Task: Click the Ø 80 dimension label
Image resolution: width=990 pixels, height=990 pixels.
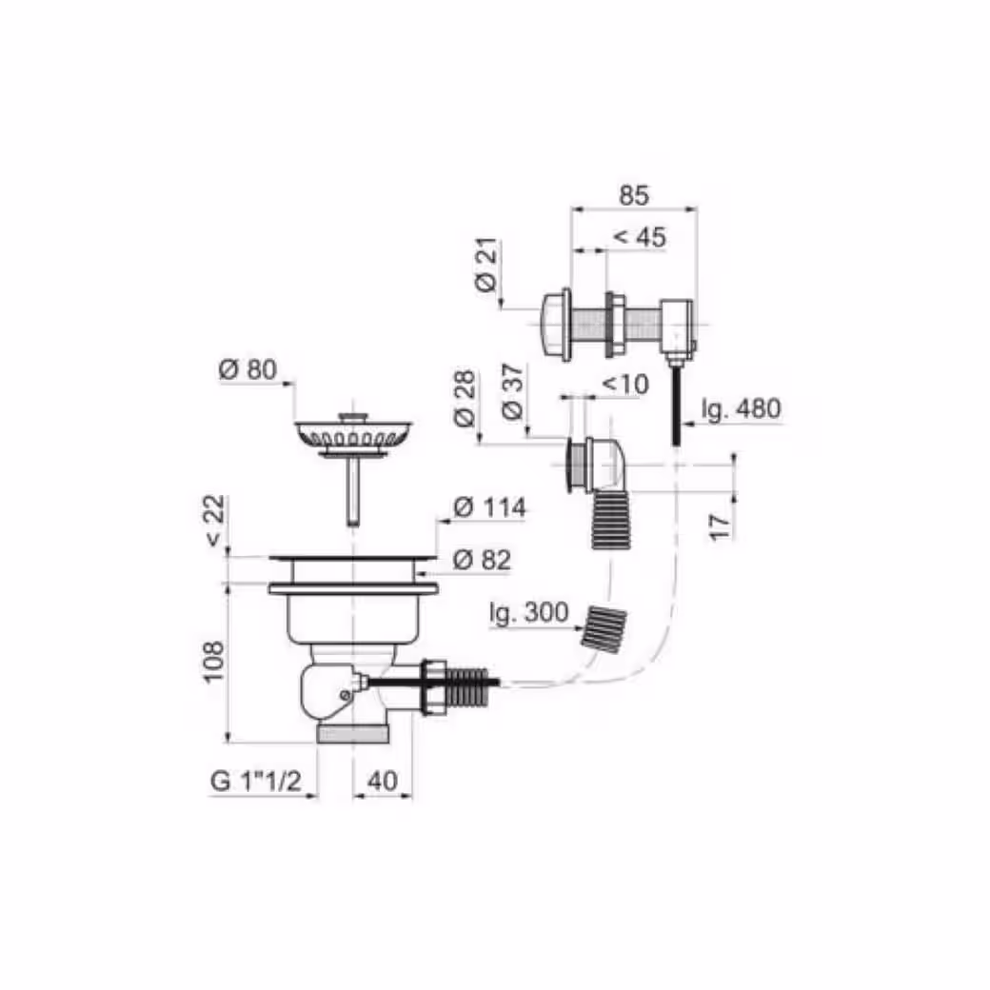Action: [x=248, y=369]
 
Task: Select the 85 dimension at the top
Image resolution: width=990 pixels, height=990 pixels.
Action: [x=633, y=195]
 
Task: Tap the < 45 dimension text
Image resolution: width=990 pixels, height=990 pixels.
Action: [x=640, y=237]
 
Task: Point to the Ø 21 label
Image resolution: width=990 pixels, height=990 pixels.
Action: [x=486, y=265]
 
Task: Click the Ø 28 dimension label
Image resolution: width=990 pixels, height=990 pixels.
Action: [x=465, y=399]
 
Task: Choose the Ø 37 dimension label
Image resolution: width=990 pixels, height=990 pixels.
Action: [x=513, y=392]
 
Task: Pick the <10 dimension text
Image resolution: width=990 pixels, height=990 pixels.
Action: [x=625, y=384]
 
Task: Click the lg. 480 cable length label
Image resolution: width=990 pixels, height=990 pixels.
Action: [x=742, y=409]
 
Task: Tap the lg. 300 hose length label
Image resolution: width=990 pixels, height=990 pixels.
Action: [x=529, y=612]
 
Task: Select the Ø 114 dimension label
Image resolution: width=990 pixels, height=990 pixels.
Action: [x=490, y=507]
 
